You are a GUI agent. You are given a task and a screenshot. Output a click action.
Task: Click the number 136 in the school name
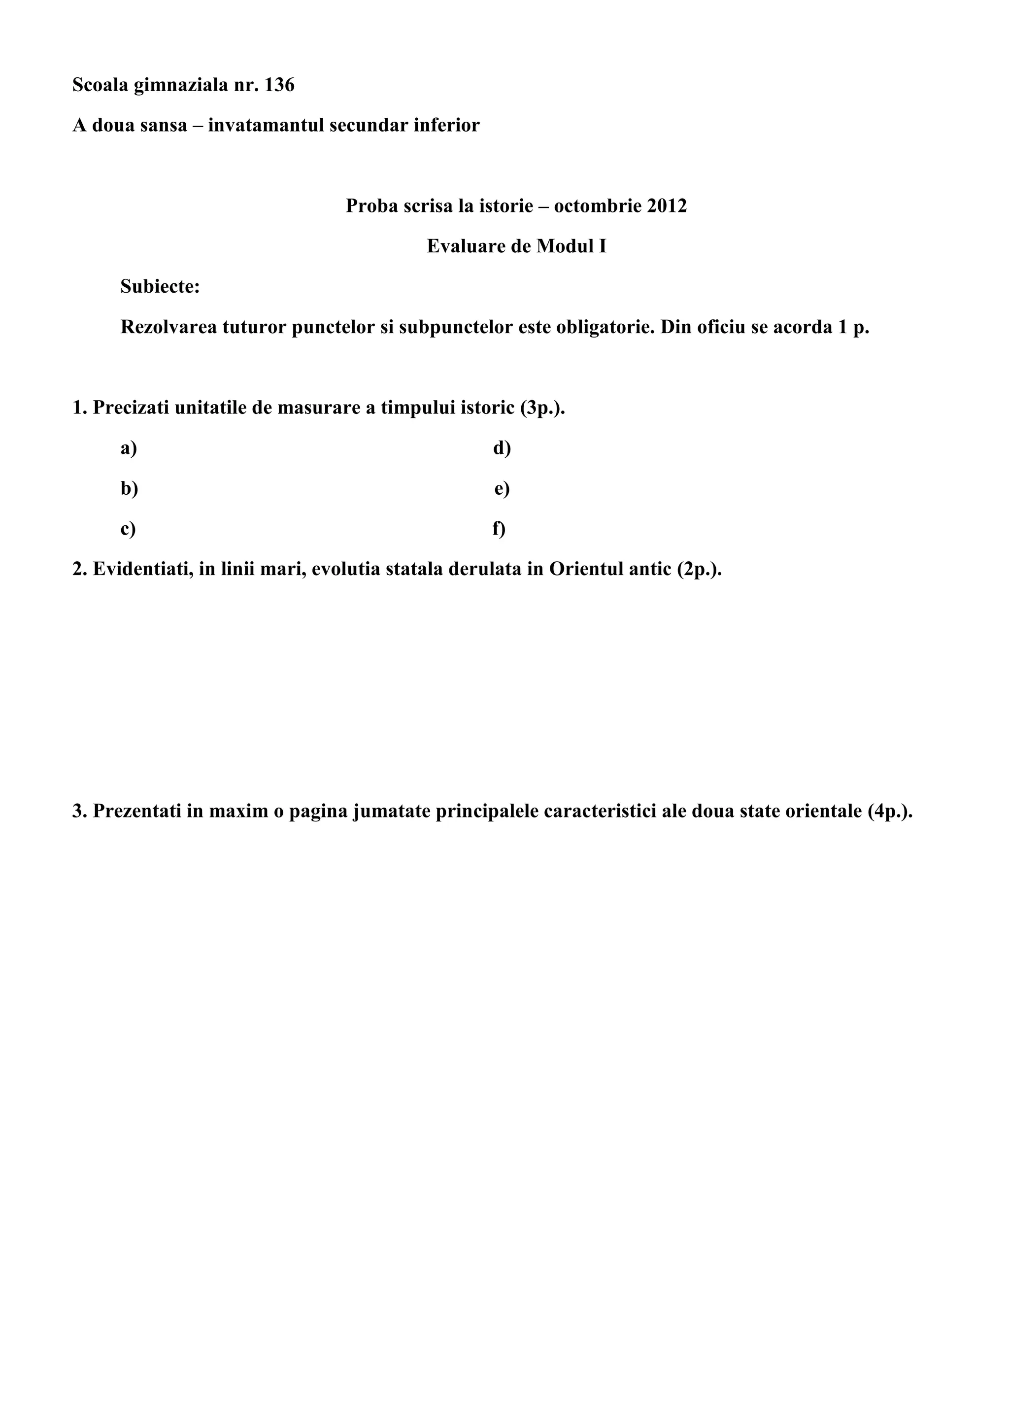pyautogui.click(x=279, y=85)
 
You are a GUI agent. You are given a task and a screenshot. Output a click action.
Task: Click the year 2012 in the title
pyautogui.click(x=667, y=205)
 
